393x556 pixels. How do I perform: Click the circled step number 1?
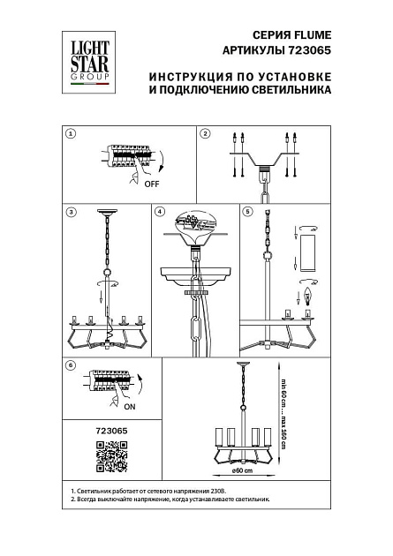[72, 134]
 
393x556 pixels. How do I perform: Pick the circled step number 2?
[204, 134]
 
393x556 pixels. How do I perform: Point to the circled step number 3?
[72, 212]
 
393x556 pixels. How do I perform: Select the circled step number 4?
[159, 212]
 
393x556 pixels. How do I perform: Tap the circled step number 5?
[248, 212]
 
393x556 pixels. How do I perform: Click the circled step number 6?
[72, 364]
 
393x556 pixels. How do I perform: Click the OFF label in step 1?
[152, 184]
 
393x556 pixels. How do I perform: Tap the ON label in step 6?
[130, 409]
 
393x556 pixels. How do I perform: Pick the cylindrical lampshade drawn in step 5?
[307, 254]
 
